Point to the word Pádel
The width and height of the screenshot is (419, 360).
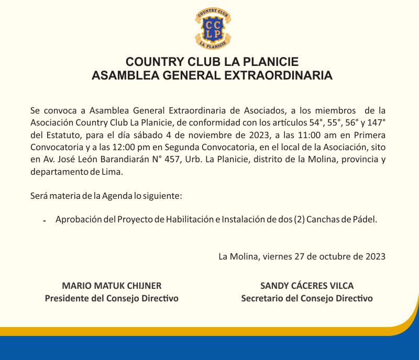coord(365,220)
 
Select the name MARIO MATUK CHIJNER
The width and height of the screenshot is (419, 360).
coord(112,286)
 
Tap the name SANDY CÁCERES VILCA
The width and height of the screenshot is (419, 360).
coord(307,286)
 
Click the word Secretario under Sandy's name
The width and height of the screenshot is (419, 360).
coord(264,298)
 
